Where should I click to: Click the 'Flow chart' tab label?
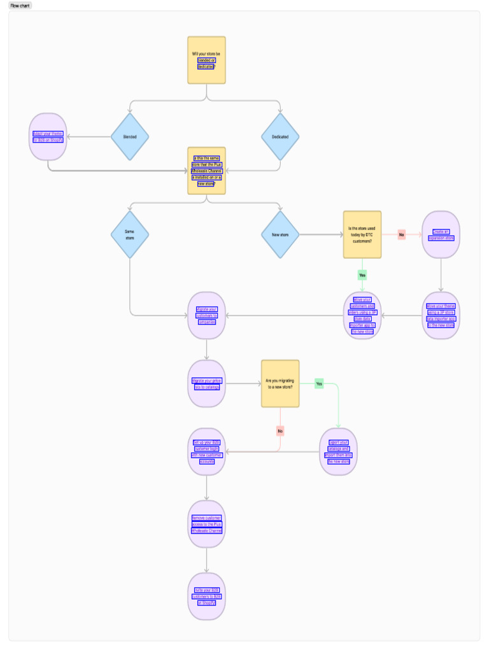pos(20,6)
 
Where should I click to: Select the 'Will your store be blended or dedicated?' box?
pos(206,60)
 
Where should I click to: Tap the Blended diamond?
pos(130,137)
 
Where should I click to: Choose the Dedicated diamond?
pos(280,137)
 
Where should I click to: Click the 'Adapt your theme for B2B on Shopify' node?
pos(48,137)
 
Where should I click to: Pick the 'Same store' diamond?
pos(130,235)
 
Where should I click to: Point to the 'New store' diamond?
pos(280,235)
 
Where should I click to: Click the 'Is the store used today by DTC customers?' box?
pos(362,235)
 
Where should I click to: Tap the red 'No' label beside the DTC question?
pos(402,235)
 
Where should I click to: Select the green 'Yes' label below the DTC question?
pos(362,275)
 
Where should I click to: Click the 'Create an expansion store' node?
pos(441,235)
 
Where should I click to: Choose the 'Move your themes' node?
pos(441,315)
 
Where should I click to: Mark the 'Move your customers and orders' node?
pos(362,315)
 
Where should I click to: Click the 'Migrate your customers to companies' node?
pos(206,315)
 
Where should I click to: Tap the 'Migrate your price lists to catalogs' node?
pos(206,383)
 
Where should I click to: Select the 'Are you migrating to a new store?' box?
pos(280,383)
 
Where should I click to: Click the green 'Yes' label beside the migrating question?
pos(319,384)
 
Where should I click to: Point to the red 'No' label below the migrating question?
pos(280,431)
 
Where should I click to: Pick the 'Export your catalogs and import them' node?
pos(338,452)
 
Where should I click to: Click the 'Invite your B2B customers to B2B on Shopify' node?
pos(206,597)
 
